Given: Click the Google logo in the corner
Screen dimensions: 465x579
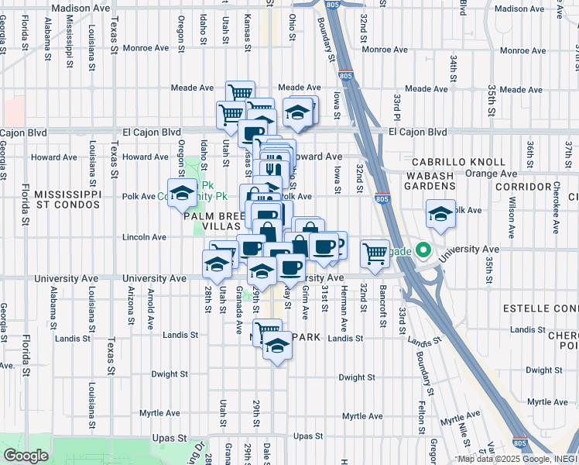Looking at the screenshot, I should click(x=26, y=456).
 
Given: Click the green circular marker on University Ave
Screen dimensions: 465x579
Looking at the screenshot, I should click(x=423, y=250).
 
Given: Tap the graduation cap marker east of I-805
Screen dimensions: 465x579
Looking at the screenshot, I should click(x=440, y=214).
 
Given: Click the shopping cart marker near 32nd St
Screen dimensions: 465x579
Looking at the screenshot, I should click(x=375, y=253).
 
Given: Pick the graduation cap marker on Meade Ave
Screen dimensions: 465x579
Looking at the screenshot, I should click(x=297, y=113).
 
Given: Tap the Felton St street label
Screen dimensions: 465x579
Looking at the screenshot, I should click(x=423, y=416).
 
